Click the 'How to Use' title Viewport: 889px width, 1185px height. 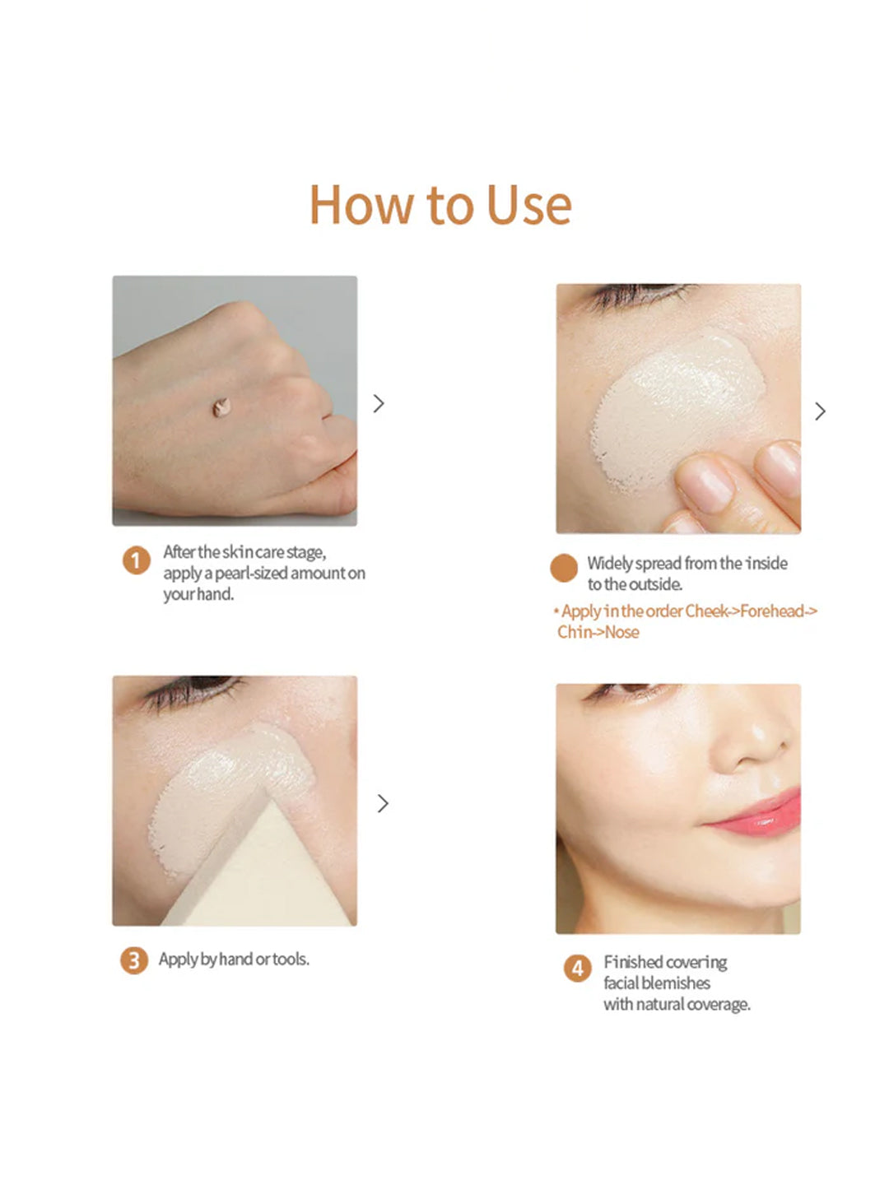440,205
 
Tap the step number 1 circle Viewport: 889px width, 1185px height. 136,561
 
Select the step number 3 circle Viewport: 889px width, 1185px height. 133,960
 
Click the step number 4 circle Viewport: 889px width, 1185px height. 577,969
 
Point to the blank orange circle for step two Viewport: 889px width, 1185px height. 564,569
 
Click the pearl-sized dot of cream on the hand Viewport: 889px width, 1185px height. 221,407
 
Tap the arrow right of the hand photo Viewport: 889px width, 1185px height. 379,403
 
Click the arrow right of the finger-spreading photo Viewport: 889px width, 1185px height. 820,411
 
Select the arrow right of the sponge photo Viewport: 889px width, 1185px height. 383,803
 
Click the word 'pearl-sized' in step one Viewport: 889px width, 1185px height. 250,574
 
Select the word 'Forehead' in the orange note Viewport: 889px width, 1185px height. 771,611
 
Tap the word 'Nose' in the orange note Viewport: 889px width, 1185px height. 621,633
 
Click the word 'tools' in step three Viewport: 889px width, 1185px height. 290,960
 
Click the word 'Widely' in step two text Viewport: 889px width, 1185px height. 609,564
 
